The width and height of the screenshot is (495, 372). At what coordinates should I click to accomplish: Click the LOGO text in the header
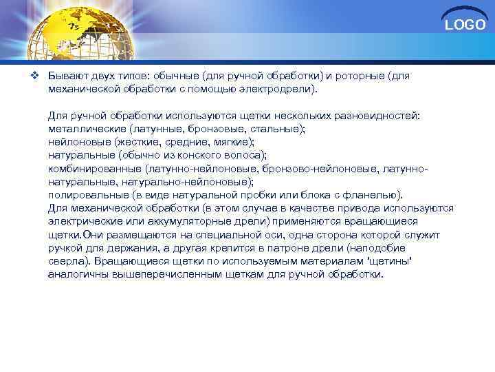(x=465, y=25)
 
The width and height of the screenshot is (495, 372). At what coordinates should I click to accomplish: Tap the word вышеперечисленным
(x=159, y=273)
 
